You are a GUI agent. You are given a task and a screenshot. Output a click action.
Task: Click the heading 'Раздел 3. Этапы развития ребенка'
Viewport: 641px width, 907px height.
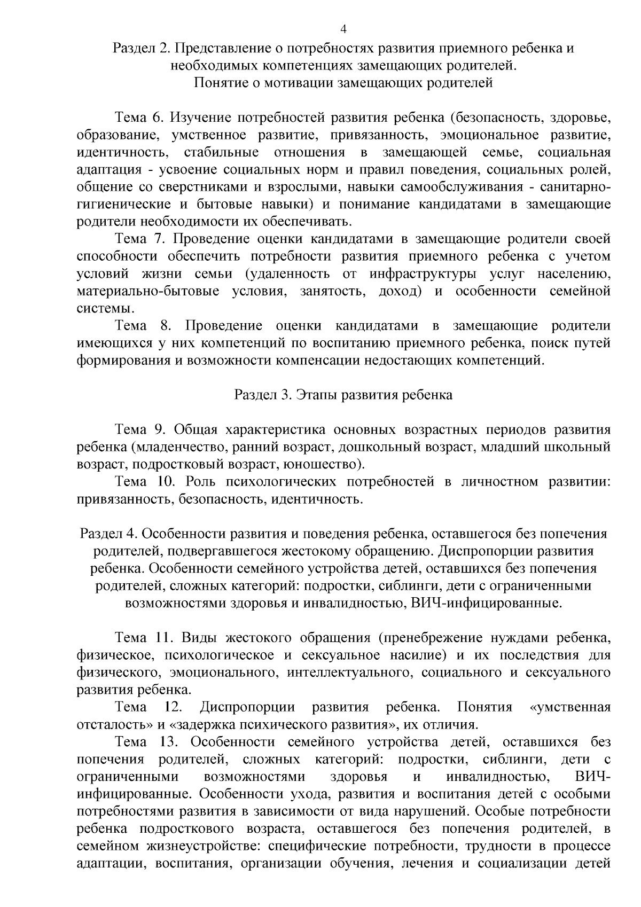[x=343, y=395]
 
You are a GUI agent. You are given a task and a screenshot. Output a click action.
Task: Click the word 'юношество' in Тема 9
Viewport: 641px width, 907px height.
[x=320, y=465]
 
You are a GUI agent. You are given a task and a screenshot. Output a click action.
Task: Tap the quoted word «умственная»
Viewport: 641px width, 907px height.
[x=569, y=708]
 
